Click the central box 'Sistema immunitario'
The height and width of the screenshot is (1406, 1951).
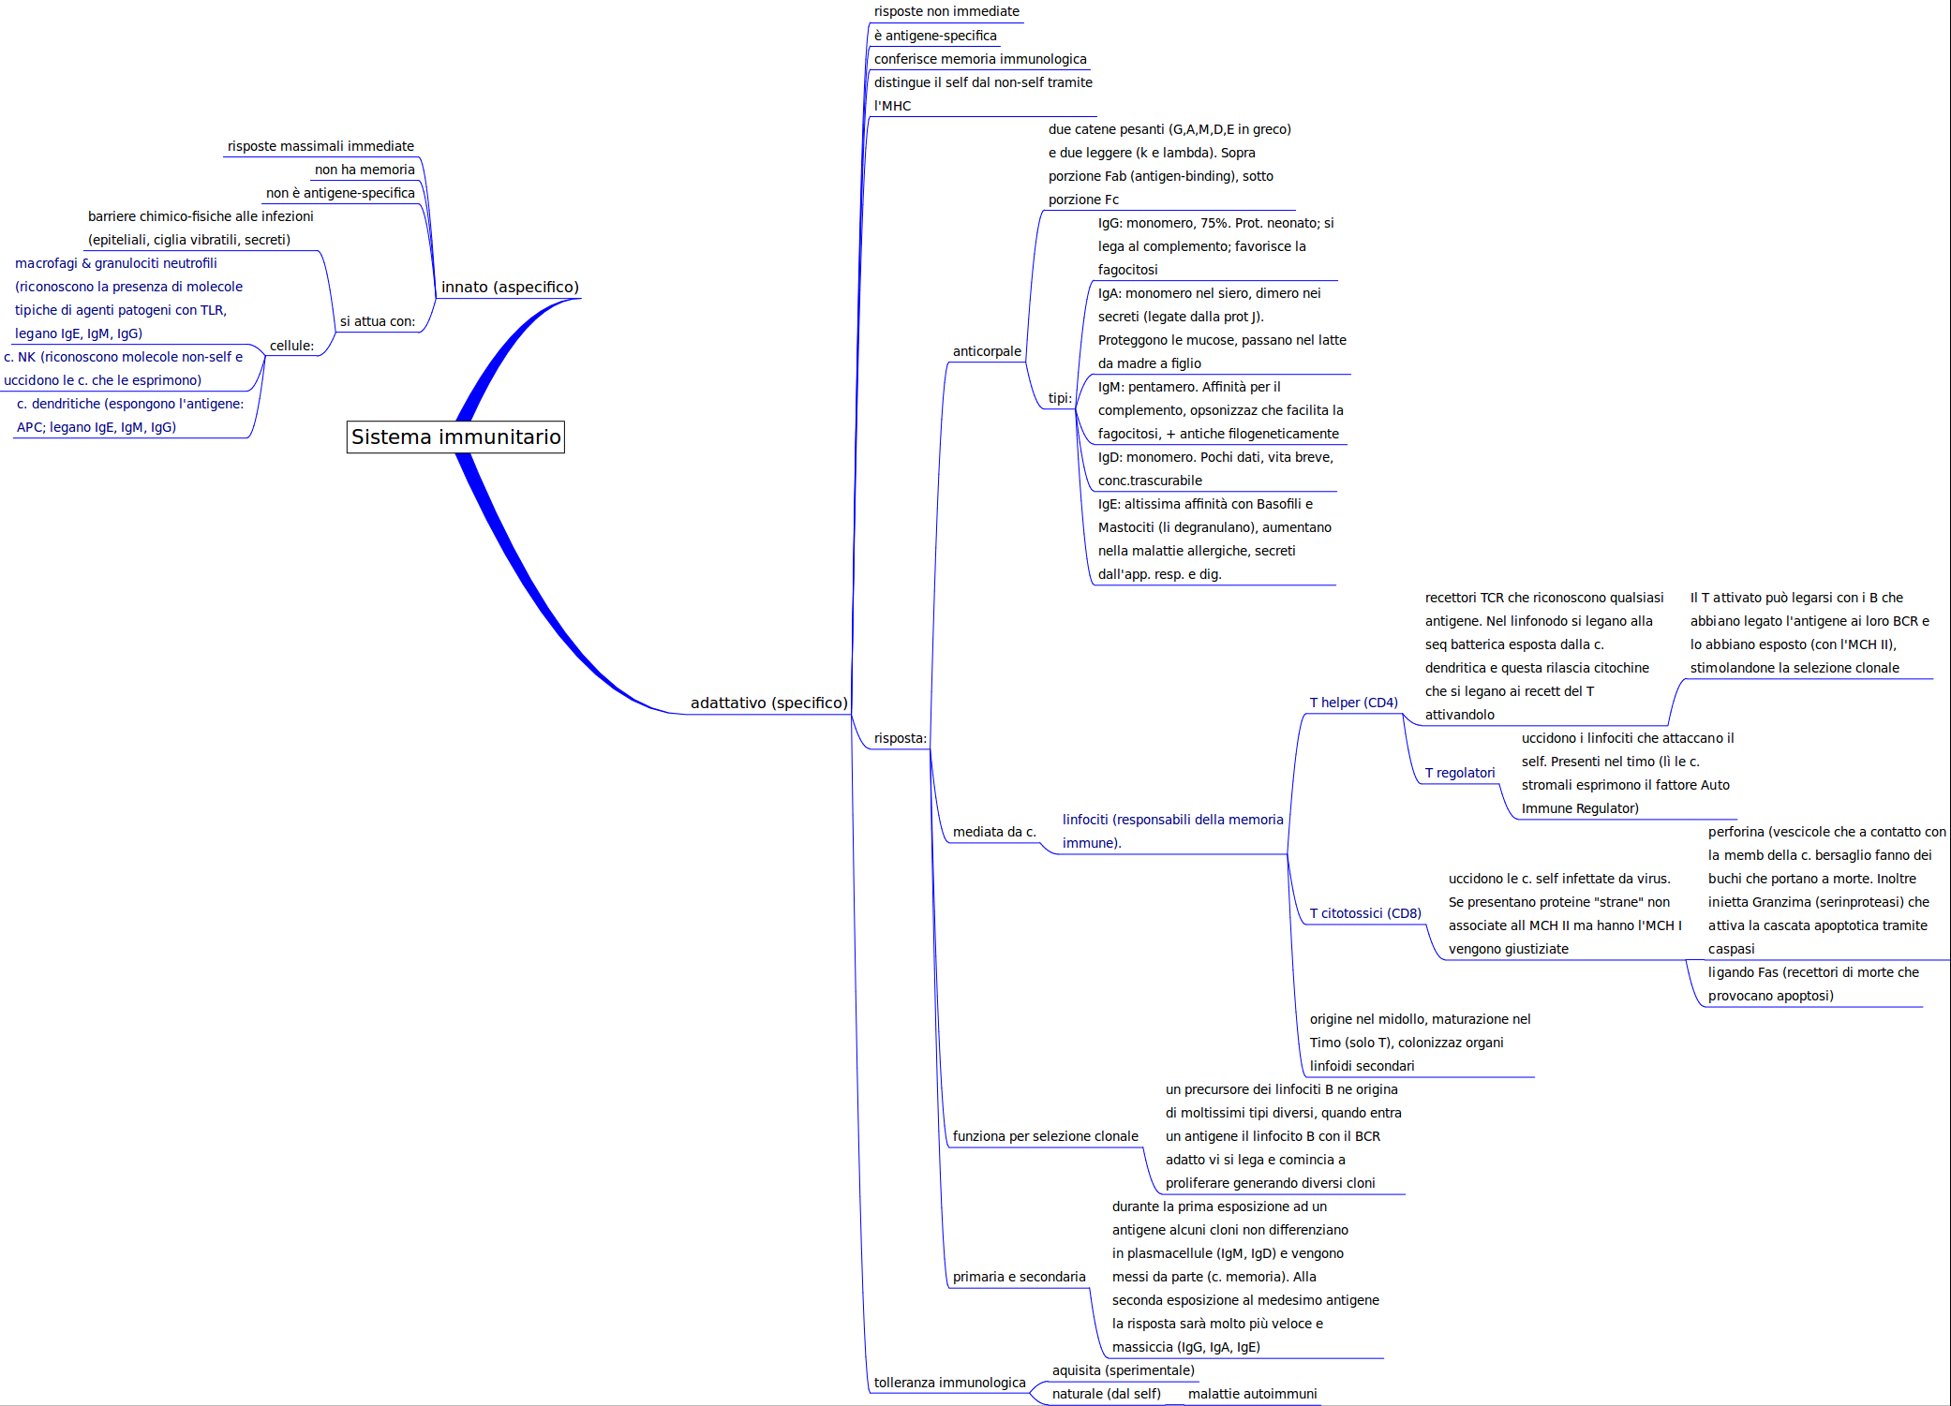455,437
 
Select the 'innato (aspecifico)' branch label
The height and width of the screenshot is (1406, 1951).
510,288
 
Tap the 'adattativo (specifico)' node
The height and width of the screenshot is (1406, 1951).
768,703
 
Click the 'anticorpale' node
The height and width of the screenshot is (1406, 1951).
987,352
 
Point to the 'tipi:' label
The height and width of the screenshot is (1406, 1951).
1060,399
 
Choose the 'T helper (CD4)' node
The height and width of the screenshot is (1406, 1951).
1353,703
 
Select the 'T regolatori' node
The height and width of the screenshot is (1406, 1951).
1459,774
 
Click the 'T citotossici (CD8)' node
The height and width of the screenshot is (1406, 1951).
1364,914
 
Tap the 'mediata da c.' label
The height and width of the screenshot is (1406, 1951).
994,833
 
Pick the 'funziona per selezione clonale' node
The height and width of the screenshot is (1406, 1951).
1045,1137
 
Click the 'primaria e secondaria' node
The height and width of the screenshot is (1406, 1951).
1019,1278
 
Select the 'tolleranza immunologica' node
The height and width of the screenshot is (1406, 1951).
949,1384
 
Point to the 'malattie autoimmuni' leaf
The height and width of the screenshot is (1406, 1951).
1252,1395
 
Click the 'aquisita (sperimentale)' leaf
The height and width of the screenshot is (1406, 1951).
1123,1371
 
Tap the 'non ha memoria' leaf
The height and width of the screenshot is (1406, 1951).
365,170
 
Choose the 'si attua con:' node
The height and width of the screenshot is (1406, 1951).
377,322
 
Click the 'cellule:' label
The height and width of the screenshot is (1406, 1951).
291,347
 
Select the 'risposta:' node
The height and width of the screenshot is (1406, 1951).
900,739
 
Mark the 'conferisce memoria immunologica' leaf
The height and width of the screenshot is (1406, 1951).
980,60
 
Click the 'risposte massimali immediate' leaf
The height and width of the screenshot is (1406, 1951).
320,147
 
